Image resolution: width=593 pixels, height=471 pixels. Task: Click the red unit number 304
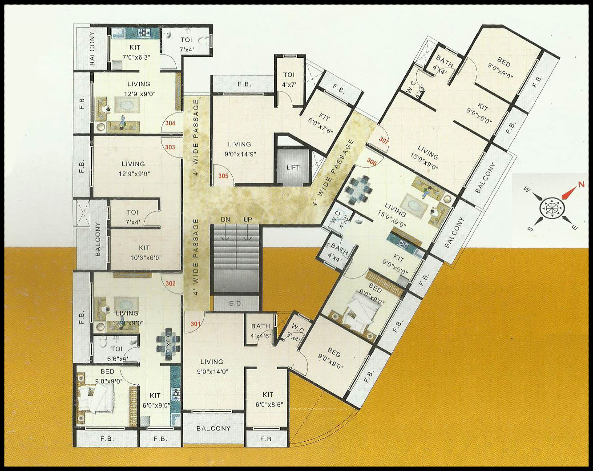point(170,123)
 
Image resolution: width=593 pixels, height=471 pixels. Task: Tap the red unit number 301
point(195,324)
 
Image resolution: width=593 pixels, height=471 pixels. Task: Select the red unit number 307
point(384,140)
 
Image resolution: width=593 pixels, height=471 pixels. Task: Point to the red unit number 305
point(223,176)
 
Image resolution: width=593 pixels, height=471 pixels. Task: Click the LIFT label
point(293,168)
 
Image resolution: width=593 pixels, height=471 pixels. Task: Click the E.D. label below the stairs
point(236,304)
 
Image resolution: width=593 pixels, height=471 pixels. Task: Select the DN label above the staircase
point(226,220)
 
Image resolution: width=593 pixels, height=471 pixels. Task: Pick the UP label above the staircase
point(247,220)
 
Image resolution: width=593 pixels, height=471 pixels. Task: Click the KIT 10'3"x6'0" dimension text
point(144,257)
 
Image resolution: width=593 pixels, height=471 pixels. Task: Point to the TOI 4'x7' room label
point(289,79)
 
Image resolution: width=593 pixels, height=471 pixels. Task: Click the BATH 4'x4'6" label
point(261,331)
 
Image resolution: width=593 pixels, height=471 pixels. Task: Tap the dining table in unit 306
point(359,188)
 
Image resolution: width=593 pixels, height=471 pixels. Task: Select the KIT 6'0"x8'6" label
point(268,399)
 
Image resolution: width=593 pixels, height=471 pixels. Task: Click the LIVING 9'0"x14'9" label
point(239,149)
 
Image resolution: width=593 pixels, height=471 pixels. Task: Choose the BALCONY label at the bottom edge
point(214,428)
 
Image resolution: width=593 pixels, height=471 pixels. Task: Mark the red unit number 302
point(170,283)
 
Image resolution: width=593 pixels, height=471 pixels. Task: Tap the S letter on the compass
point(530,229)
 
